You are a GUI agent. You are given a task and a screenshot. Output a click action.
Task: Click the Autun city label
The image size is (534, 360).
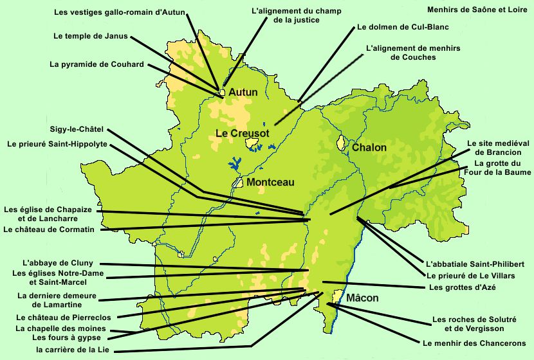pyautogui.click(x=243, y=93)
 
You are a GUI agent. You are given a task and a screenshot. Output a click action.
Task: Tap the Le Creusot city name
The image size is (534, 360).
pyautogui.click(x=241, y=134)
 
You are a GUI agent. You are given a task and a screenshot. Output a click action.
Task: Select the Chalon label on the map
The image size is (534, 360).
pyautogui.click(x=369, y=148)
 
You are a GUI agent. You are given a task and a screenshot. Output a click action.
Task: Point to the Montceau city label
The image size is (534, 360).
pyautogui.click(x=270, y=183)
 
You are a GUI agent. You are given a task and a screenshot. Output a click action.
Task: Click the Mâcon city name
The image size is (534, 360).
pyautogui.click(x=362, y=298)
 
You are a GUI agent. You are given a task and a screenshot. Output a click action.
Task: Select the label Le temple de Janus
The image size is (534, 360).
pyautogui.click(x=90, y=36)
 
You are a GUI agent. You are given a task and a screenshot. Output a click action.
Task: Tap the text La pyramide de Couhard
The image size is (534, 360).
pyautogui.click(x=97, y=64)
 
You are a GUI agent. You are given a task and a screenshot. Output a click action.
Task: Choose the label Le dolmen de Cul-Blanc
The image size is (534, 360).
pyautogui.click(x=402, y=28)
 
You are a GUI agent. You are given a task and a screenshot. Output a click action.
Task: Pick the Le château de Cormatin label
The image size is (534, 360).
pyautogui.click(x=49, y=230)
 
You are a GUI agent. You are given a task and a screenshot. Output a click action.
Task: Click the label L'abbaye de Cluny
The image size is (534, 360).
pyautogui.click(x=57, y=263)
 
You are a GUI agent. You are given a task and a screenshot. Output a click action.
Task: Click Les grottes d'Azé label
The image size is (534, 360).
pyautogui.click(x=465, y=287)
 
